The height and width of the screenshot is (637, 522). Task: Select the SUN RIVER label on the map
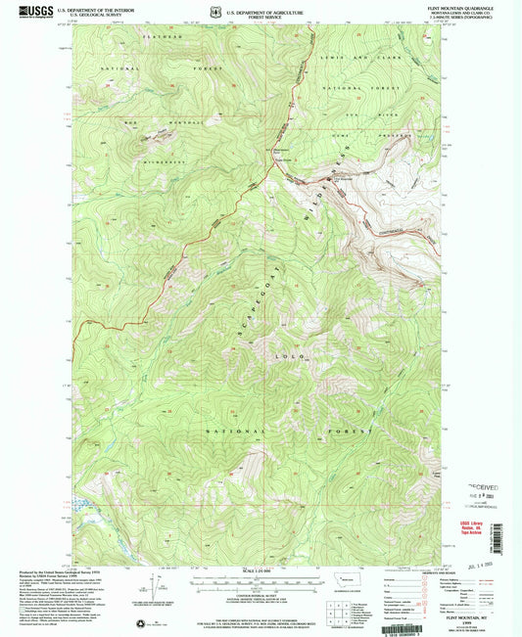click(x=376, y=114)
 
